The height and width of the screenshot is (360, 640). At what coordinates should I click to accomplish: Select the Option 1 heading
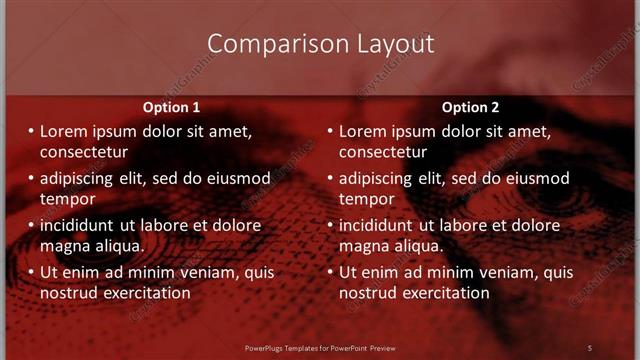(x=171, y=107)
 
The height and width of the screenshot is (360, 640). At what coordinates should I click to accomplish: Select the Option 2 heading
(x=470, y=107)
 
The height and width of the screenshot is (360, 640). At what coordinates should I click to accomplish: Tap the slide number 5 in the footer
(x=590, y=347)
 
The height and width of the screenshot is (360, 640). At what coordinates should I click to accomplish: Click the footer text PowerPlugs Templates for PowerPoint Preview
(x=320, y=347)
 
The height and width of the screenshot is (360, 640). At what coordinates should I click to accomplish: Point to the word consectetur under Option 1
(x=84, y=152)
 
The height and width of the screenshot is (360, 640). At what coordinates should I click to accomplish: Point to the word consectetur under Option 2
(x=383, y=152)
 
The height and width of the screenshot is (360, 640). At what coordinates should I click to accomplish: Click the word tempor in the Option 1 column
(x=67, y=199)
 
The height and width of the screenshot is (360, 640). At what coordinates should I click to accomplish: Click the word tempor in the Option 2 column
(x=366, y=199)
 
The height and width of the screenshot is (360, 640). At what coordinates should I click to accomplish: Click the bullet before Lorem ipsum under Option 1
(x=30, y=131)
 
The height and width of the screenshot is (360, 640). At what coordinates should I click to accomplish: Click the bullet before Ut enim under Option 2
(x=329, y=271)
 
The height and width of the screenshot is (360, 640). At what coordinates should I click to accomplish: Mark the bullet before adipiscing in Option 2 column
(x=329, y=178)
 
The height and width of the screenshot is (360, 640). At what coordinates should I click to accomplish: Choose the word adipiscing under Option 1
(x=80, y=178)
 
